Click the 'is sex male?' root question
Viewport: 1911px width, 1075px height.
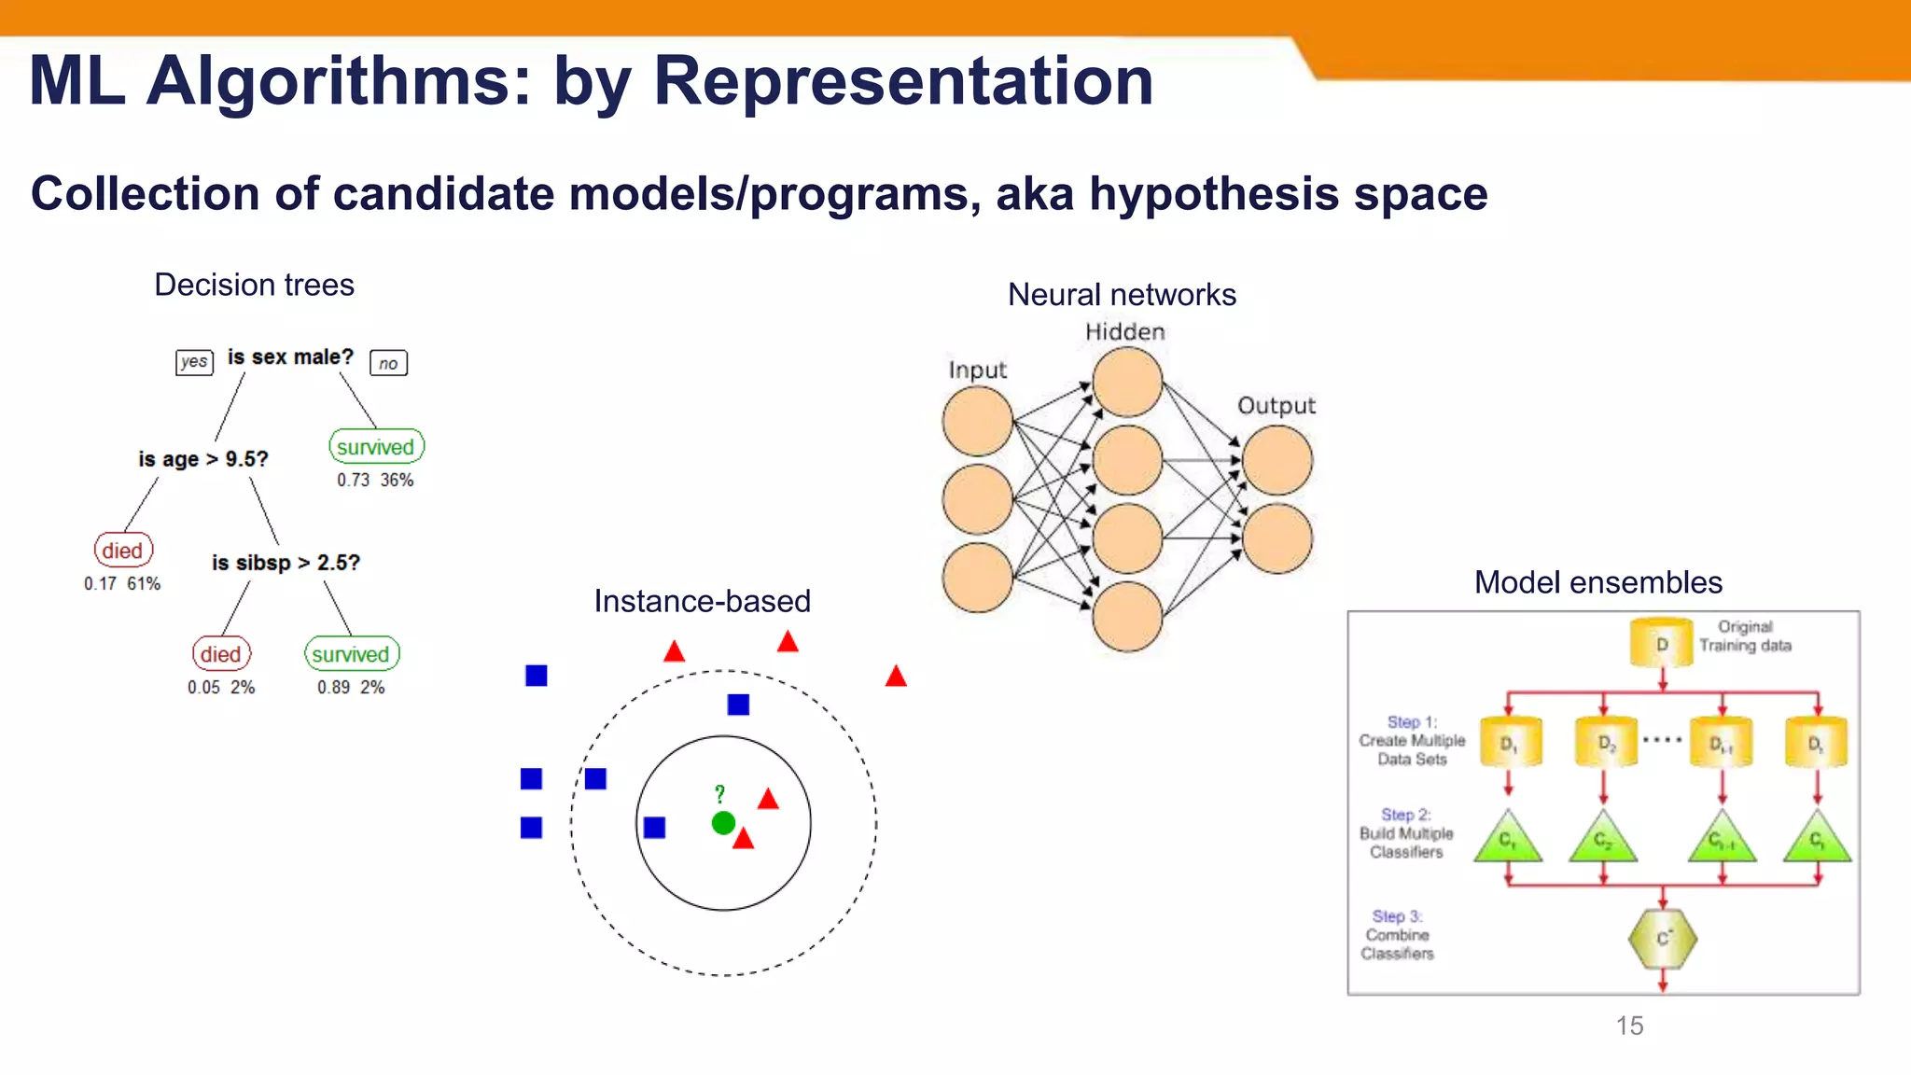290,357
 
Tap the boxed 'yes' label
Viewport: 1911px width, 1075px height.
194,362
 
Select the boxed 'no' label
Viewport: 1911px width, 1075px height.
388,363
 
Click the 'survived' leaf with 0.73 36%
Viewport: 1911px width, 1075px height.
376,447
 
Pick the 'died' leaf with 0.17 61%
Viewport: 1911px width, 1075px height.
123,551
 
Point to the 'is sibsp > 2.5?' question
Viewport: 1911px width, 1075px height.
286,563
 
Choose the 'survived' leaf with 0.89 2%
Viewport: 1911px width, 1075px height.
351,654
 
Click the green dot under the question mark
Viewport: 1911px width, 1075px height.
723,823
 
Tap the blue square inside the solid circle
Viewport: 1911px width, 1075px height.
655,828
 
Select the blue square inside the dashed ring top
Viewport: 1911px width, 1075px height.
738,705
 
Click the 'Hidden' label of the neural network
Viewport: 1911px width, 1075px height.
1124,332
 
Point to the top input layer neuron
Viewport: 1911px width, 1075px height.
977,422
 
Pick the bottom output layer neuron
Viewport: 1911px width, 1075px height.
1277,538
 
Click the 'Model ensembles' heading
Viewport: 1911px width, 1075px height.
1597,582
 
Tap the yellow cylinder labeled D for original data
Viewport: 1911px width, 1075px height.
1661,644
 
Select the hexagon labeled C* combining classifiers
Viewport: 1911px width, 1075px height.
1662,939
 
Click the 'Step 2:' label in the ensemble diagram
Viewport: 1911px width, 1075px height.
1405,815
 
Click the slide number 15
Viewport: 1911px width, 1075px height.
1629,1026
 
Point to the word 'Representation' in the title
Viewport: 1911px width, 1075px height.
903,81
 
